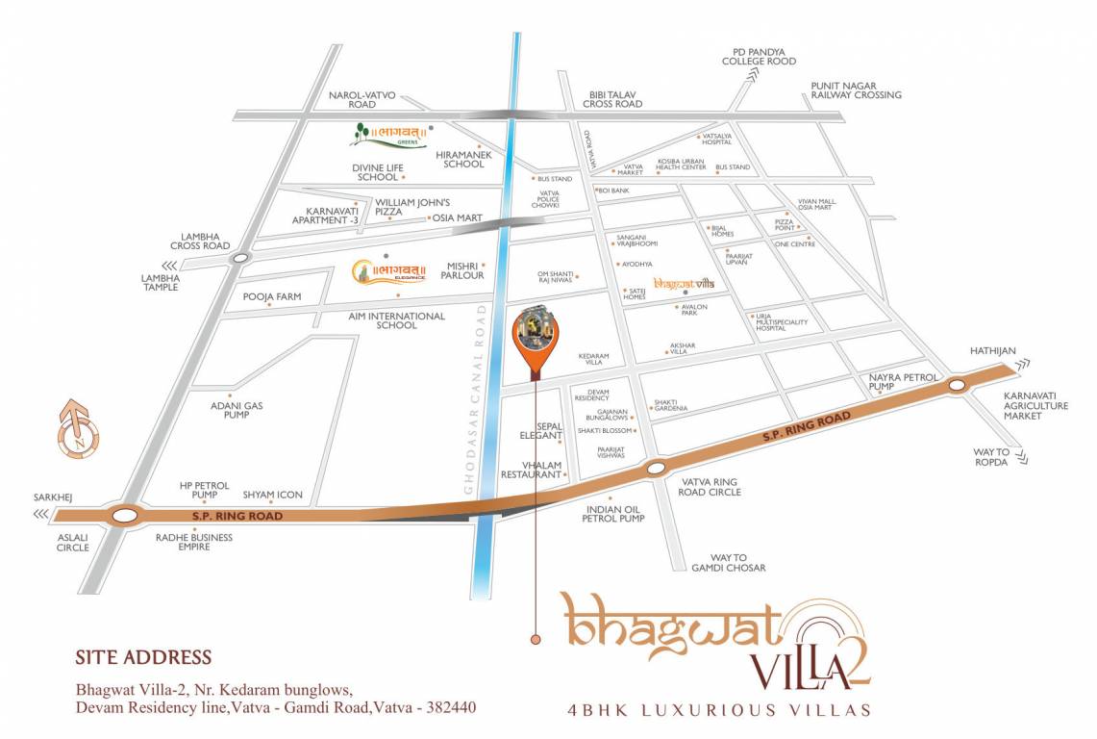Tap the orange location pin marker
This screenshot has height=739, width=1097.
click(536, 337)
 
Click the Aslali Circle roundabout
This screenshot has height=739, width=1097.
click(124, 516)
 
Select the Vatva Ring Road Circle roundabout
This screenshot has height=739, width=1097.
click(656, 469)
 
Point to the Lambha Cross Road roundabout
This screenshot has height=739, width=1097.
click(240, 256)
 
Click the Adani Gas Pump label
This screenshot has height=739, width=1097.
click(237, 412)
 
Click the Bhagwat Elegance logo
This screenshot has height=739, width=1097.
click(387, 272)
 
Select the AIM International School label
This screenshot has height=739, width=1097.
click(396, 320)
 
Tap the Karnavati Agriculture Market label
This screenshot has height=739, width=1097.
click(1035, 406)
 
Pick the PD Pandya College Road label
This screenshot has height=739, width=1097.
click(760, 56)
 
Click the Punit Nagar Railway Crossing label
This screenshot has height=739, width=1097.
click(856, 89)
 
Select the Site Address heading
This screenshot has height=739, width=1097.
click(143, 658)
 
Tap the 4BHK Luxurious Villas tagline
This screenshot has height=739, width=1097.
click(719, 711)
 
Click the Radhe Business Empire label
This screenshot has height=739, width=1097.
click(193, 543)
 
